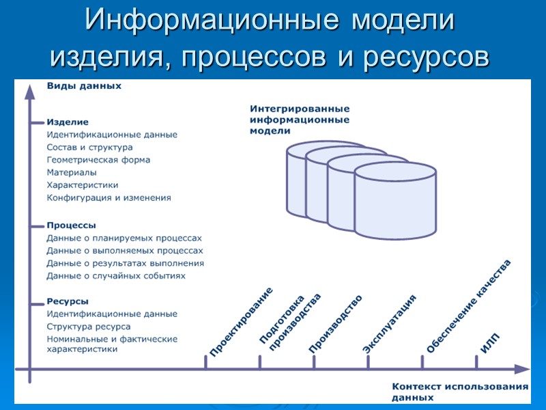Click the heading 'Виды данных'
tap(84, 86)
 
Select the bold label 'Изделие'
tap(68, 122)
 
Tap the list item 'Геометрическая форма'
tap(98, 160)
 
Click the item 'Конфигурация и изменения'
tap(109, 197)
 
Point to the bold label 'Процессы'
tap(71, 225)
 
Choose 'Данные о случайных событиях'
tap(116, 275)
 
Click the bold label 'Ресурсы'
tap(68, 301)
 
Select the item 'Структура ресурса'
tap(89, 327)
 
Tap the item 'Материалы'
tap(72, 172)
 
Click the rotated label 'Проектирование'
tap(240, 322)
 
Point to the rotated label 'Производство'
tap(334, 324)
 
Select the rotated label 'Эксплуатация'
tap(389, 325)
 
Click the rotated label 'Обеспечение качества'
tap(468, 306)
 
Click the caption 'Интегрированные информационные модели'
tap(300, 120)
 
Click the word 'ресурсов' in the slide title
tap(427, 56)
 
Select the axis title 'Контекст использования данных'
tap(459, 391)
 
